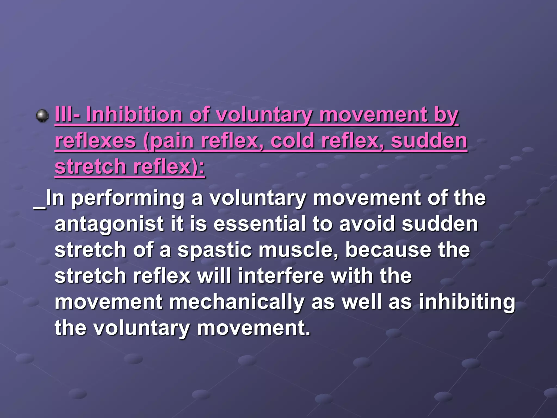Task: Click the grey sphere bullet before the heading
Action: pyautogui.click(x=42, y=116)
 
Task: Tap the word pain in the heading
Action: pyautogui.click(x=172, y=141)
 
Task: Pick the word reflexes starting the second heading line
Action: pyautogui.click(x=95, y=141)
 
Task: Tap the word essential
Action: pyautogui.click(x=259, y=224)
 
